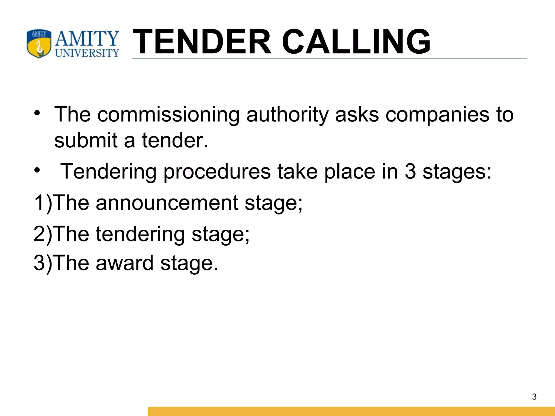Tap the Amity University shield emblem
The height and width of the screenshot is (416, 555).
tap(39, 44)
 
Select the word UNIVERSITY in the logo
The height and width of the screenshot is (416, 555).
tap(87, 53)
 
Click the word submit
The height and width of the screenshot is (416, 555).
tap(86, 141)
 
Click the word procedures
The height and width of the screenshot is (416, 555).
tap(217, 172)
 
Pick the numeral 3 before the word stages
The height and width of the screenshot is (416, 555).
tap(410, 172)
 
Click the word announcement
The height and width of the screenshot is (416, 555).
tap(167, 203)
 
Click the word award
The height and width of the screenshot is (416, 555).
tap(125, 263)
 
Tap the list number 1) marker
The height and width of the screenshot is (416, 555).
tap(43, 203)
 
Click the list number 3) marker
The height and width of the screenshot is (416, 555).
tap(43, 263)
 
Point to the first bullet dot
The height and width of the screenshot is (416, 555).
tap(37, 113)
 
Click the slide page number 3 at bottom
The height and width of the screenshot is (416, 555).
tap(534, 397)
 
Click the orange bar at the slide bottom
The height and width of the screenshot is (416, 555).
tap(351, 411)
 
